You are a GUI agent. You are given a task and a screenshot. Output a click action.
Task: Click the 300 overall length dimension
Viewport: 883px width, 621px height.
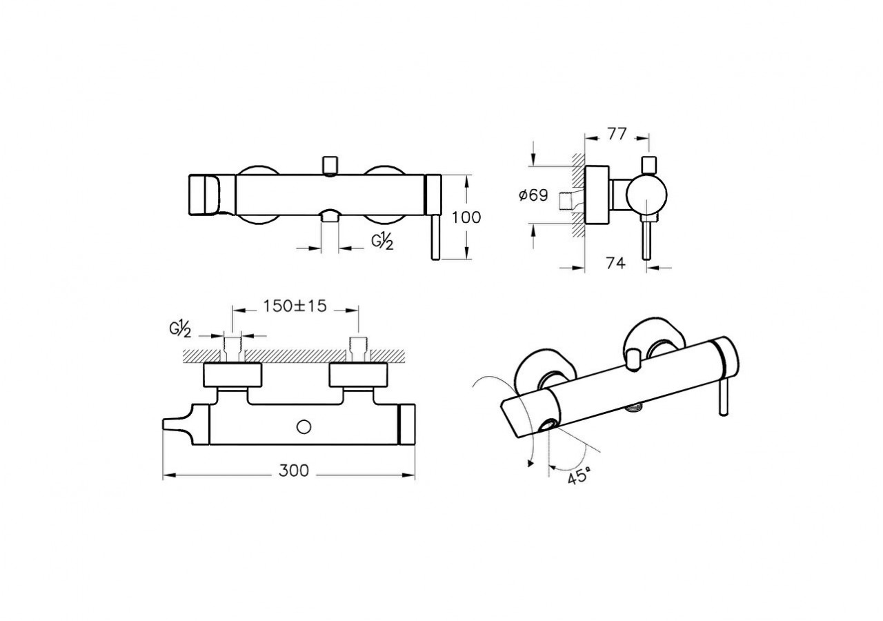[x=294, y=471]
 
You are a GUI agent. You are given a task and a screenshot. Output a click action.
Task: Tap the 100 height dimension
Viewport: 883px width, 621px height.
[x=466, y=217]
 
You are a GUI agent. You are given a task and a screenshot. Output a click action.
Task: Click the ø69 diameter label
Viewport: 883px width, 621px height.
[x=533, y=195]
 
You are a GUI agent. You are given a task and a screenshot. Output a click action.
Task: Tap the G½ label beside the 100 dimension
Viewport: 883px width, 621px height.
[x=383, y=241]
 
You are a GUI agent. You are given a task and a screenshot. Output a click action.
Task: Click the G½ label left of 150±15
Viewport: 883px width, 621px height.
[x=181, y=329]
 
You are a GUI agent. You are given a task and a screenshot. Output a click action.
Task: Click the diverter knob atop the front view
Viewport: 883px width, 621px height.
[x=329, y=166]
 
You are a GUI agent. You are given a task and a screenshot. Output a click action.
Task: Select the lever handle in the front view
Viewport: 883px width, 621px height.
[x=435, y=238]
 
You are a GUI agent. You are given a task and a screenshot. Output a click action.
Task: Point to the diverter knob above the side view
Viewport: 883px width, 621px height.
[x=648, y=164]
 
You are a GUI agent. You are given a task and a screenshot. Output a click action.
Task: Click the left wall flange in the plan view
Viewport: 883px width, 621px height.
[x=232, y=375]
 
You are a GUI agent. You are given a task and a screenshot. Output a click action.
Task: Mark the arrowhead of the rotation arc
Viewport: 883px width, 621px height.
[x=530, y=465]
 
